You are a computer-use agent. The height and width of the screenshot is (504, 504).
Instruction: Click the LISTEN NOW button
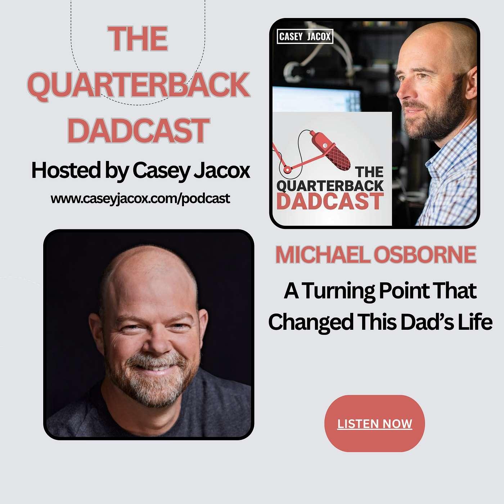click(x=374, y=423)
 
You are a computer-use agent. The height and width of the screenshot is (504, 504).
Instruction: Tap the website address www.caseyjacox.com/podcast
click(x=140, y=198)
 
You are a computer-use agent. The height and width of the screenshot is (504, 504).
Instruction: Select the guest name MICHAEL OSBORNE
click(x=376, y=255)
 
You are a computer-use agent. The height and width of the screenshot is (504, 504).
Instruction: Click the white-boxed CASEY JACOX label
click(x=305, y=36)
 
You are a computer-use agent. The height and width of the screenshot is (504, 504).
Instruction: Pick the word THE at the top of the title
click(x=138, y=39)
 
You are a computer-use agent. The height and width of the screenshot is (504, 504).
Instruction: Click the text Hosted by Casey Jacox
click(x=141, y=171)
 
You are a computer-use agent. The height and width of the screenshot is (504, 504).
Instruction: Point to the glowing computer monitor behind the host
click(x=316, y=99)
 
